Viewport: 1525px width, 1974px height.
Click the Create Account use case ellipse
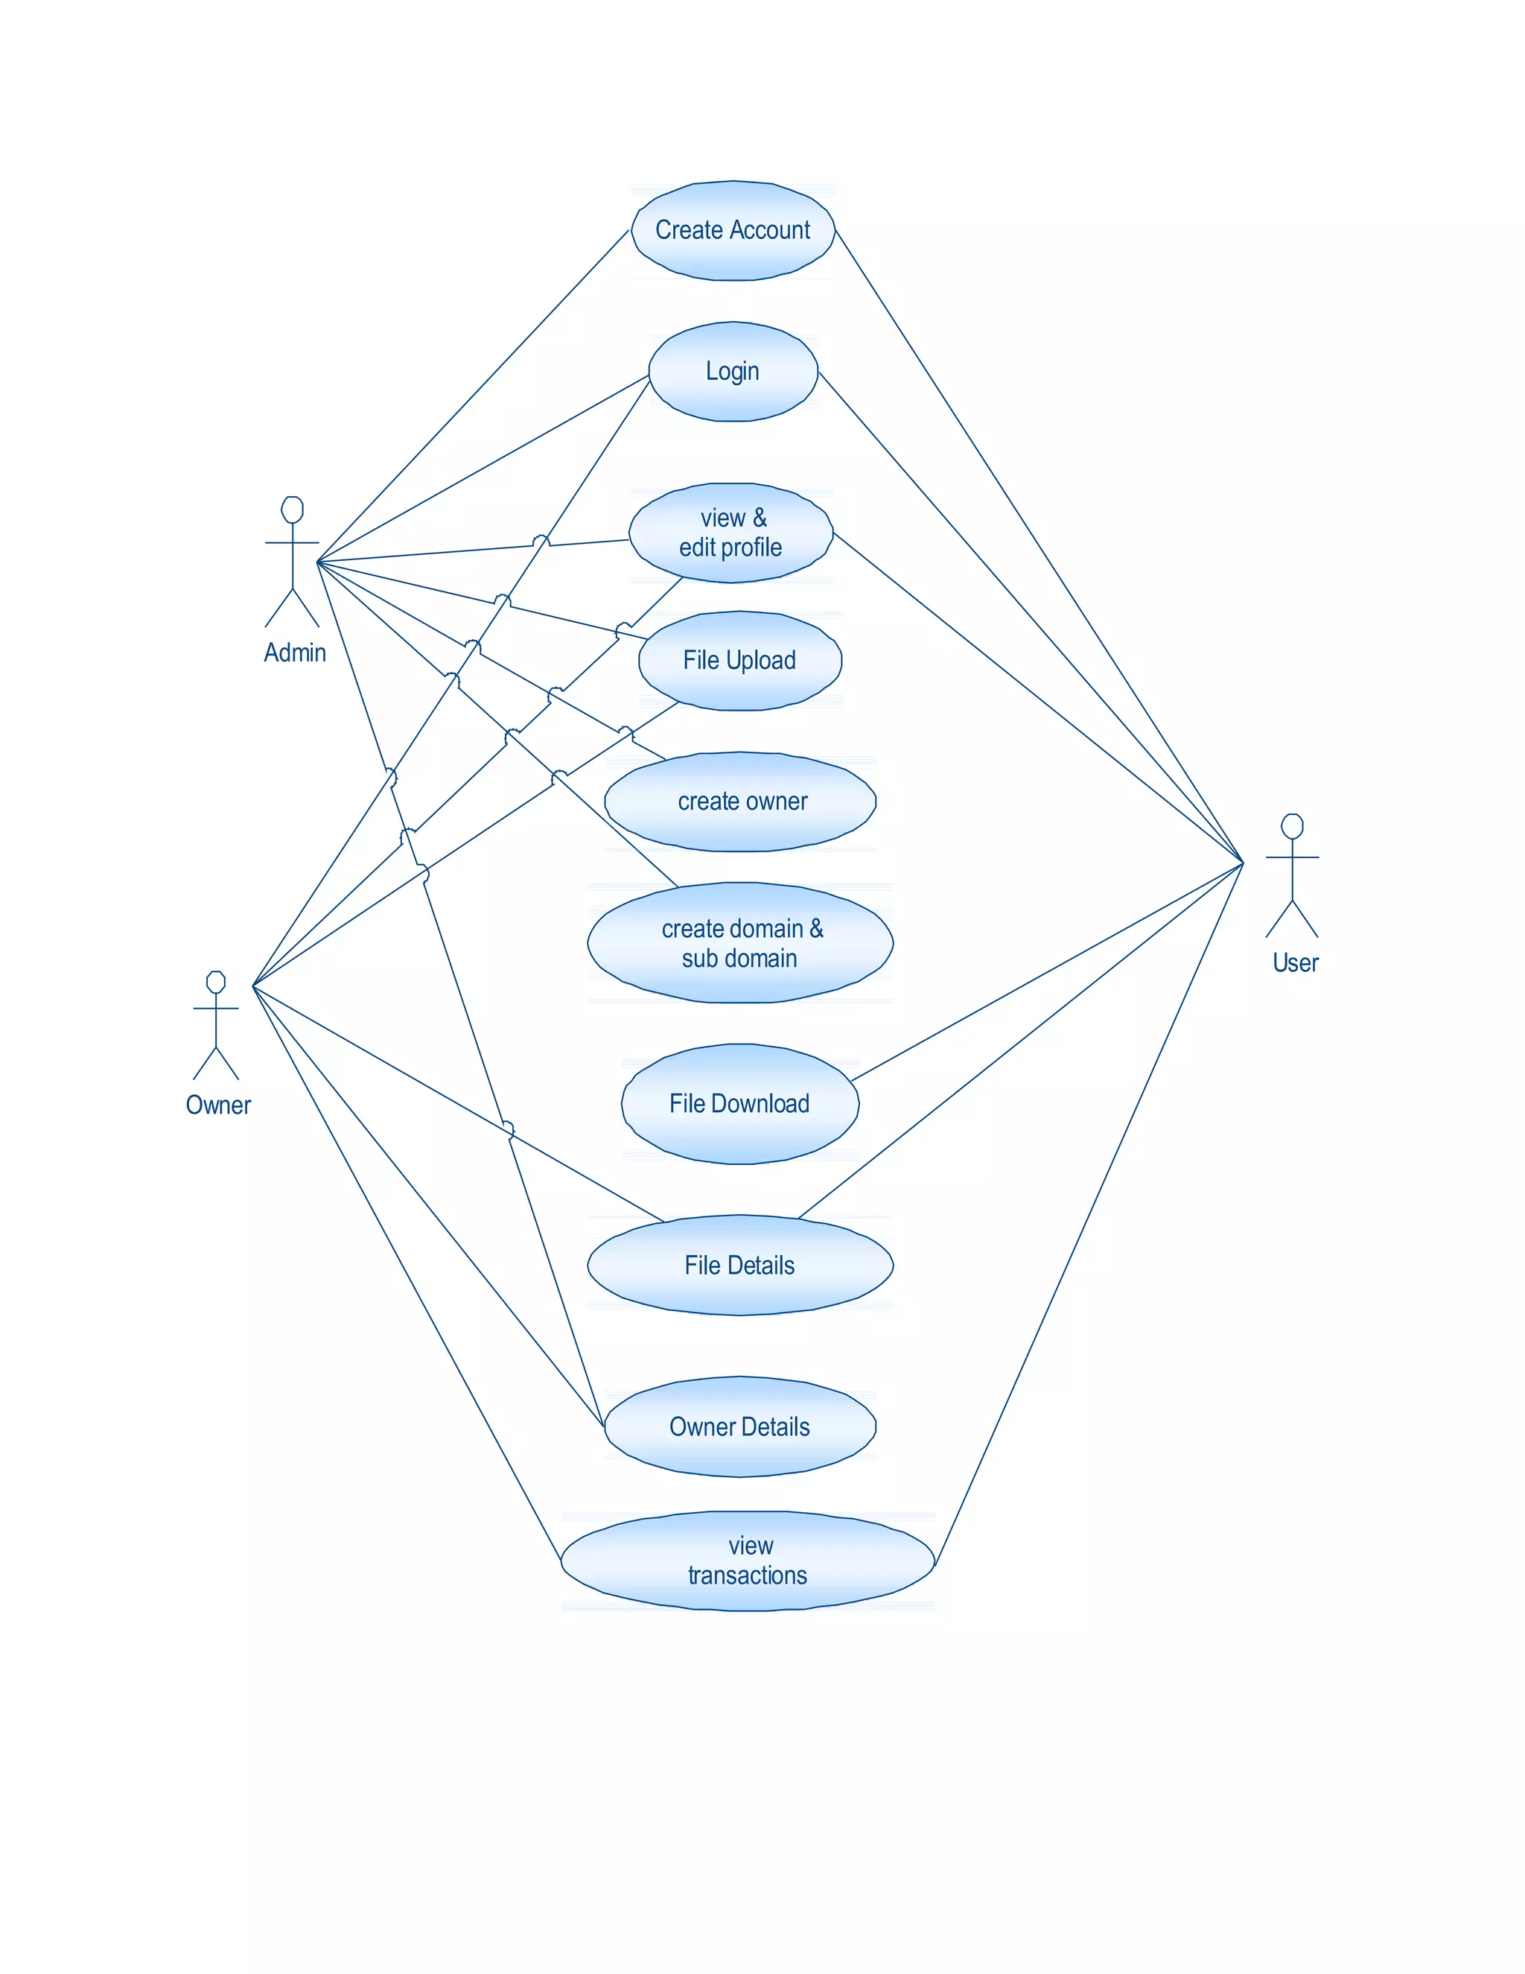pos(733,230)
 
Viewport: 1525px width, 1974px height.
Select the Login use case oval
pos(733,372)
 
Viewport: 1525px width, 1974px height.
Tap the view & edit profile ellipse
pos(731,533)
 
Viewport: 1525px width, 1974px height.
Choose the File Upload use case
pos(740,661)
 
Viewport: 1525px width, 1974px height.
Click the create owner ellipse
pos(740,802)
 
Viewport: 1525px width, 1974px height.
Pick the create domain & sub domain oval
pos(740,943)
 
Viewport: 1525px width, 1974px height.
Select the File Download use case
pos(740,1104)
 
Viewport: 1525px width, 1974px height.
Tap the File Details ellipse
pos(740,1265)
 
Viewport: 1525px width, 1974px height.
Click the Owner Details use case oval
pos(740,1426)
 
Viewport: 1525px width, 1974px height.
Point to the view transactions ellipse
pos(747,1561)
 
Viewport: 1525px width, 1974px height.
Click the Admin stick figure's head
pos(292,510)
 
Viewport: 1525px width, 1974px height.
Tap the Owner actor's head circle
pos(215,983)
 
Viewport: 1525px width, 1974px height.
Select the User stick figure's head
pos(1292,826)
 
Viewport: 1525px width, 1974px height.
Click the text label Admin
pos(295,653)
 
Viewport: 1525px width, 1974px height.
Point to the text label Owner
pos(217,1105)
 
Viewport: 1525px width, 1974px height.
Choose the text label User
pos(1295,962)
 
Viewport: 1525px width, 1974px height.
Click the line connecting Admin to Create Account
pos(473,396)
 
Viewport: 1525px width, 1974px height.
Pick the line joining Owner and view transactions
pos(407,1272)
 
